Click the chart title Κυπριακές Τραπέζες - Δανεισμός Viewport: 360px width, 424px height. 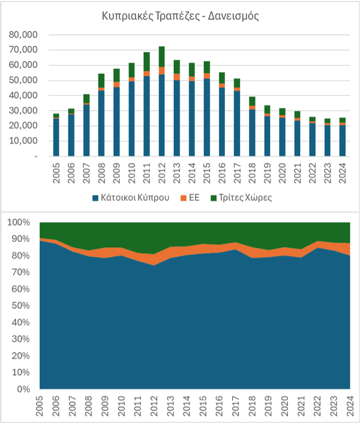[x=180, y=16]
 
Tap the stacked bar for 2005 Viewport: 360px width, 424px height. [x=56, y=136]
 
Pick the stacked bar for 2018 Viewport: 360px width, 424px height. [x=253, y=128]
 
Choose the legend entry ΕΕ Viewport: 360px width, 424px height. [x=193, y=197]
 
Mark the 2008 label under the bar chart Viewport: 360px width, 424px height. [x=101, y=171]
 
